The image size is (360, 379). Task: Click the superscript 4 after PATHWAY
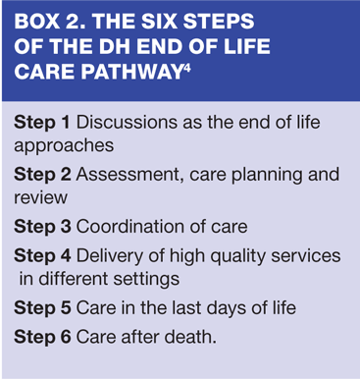tap(187, 68)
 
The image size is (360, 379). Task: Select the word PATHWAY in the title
tap(132, 72)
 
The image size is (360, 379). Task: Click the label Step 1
tap(42, 123)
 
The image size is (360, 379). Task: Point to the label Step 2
tap(42, 175)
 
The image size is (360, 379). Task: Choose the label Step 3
tap(42, 227)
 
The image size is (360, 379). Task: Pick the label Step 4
tap(42, 256)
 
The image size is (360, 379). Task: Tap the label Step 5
tap(42, 308)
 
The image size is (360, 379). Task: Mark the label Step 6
tap(42, 337)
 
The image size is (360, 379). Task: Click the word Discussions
tap(128, 123)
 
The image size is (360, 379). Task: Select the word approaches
tap(64, 146)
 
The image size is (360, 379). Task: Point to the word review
tap(40, 198)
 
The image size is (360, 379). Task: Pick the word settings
tap(146, 280)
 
